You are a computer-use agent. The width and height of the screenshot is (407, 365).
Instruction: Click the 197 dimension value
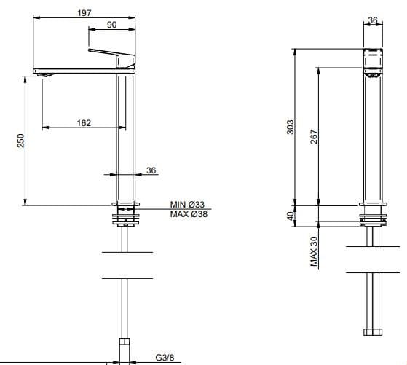pos(84,12)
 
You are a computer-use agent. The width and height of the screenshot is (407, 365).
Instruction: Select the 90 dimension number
pos(111,25)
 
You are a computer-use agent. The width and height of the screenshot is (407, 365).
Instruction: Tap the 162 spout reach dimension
pos(84,123)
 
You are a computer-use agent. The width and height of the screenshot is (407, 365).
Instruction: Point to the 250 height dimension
pos(20,141)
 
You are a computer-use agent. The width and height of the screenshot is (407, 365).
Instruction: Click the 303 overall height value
pos(291,127)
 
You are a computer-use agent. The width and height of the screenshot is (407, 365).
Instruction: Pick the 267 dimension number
pos(314,137)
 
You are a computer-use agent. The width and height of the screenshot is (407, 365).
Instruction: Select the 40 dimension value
pos(291,216)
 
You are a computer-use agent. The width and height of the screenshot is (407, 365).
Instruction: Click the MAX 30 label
pos(314,251)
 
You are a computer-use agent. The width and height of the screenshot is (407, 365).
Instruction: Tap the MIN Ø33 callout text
pos(187,205)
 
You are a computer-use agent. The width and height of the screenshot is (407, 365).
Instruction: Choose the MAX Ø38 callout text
pos(189,214)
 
